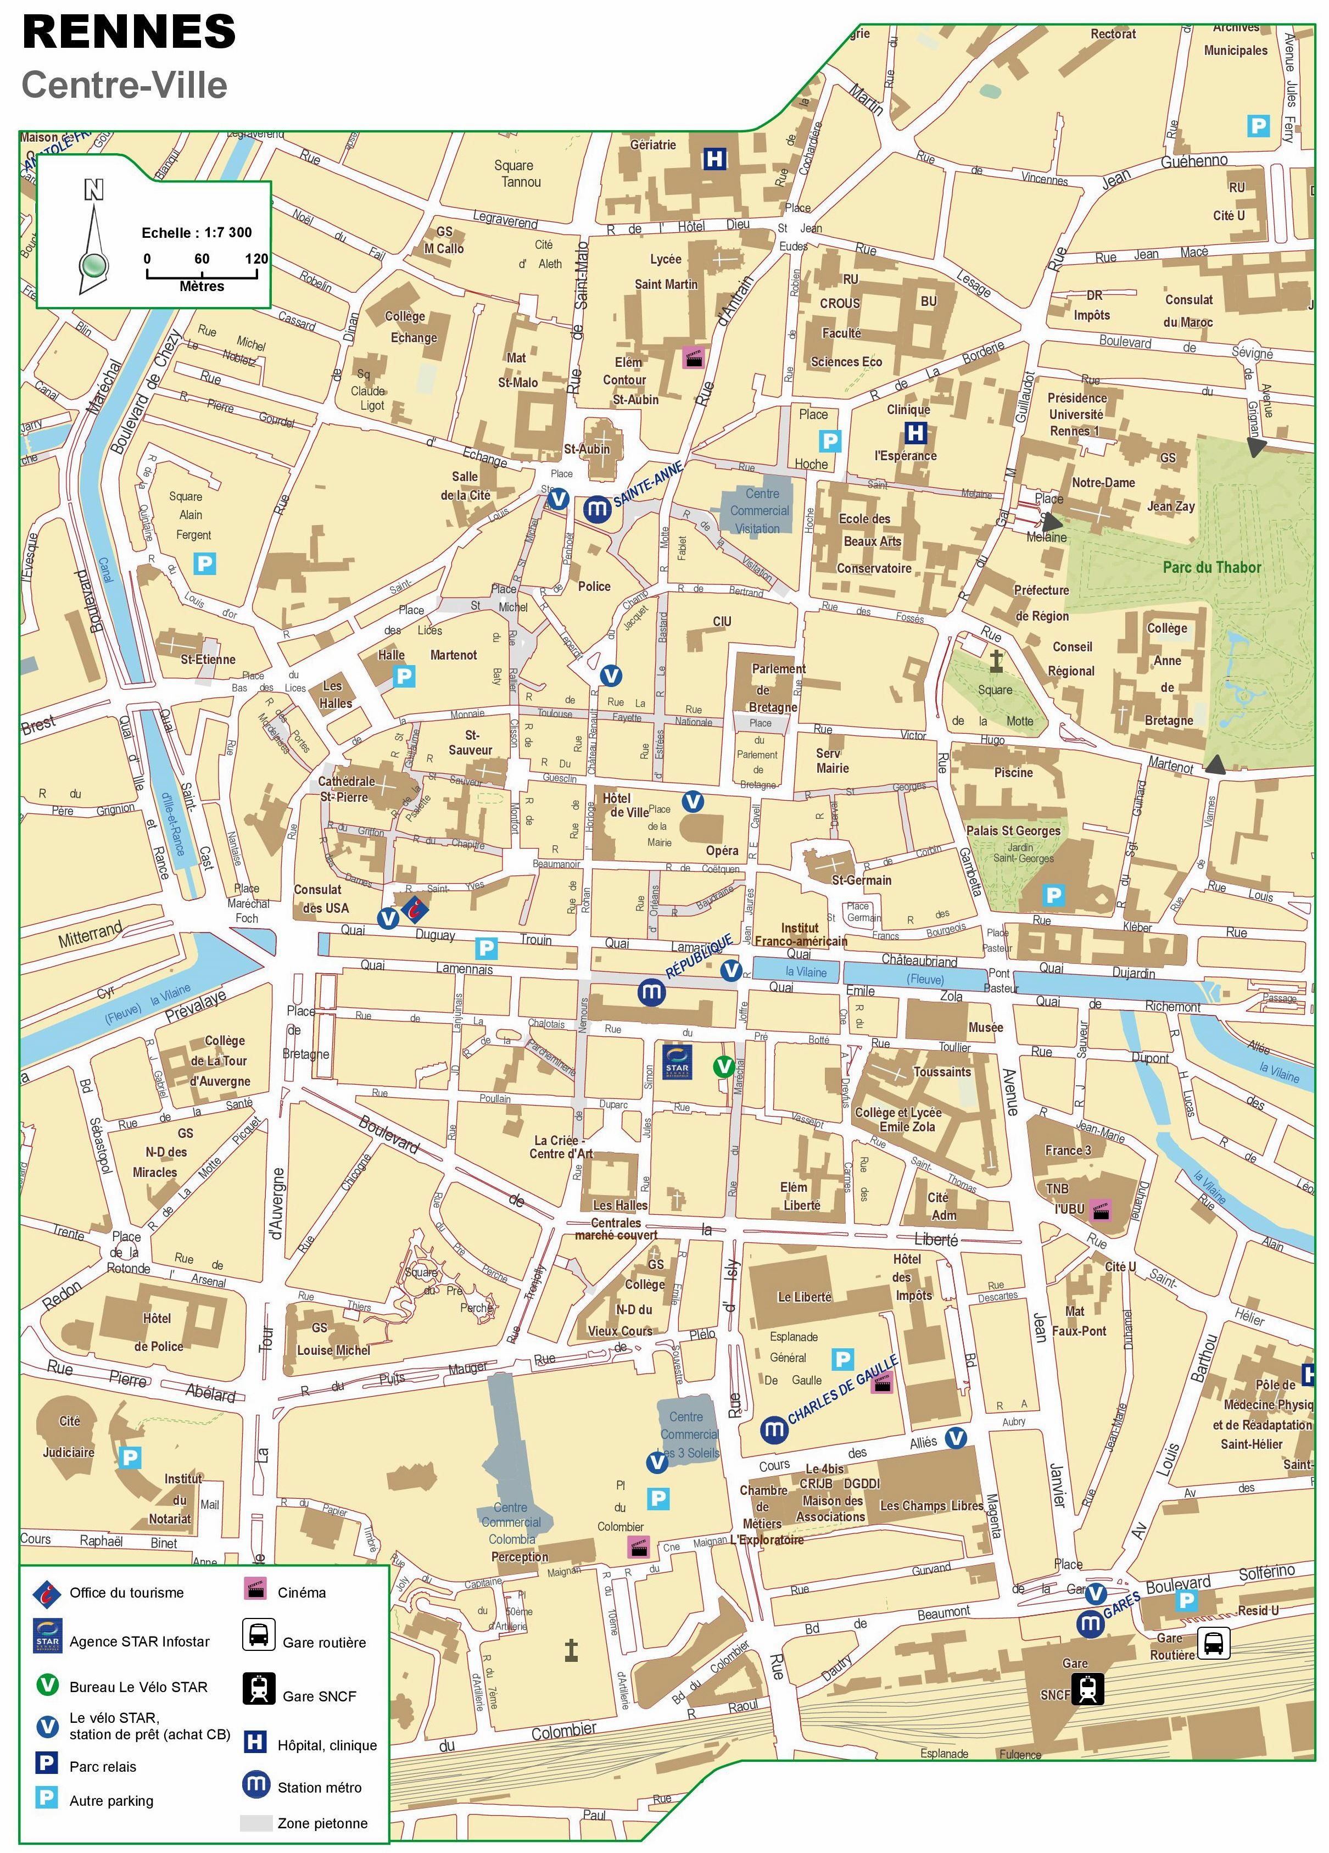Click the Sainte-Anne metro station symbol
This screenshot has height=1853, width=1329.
[x=597, y=509]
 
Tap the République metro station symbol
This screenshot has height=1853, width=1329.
[x=651, y=992]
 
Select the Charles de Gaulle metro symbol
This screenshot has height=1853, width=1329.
[x=774, y=1429]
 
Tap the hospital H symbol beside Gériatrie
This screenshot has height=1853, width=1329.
[x=714, y=159]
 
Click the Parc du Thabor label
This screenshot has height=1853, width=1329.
[x=1211, y=567]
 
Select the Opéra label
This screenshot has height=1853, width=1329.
[x=722, y=851]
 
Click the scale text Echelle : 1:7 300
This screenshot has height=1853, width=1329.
[x=196, y=232]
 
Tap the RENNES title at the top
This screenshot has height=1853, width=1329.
[x=129, y=33]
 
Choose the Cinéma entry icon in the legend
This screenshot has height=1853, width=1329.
[x=256, y=1589]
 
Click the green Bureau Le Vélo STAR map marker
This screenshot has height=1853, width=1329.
[x=723, y=1066]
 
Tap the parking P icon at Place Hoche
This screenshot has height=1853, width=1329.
[x=830, y=441]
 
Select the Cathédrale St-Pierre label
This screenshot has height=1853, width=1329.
[x=347, y=789]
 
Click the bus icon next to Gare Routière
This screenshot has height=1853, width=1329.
[x=1213, y=1642]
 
